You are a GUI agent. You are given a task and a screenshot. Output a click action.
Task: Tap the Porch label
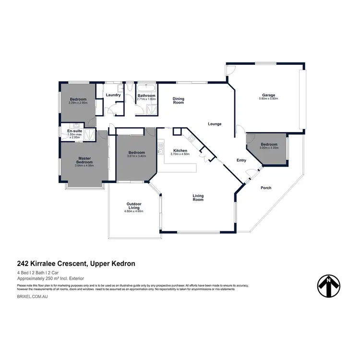265,188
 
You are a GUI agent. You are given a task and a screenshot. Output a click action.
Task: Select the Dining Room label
179,101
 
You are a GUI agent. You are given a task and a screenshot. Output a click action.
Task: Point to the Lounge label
215,124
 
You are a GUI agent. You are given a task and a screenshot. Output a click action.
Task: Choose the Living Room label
198,197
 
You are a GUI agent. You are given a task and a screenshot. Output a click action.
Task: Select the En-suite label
74,131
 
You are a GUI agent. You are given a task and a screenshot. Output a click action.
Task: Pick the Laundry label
113,95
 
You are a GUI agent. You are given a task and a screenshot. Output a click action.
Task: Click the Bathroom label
146,96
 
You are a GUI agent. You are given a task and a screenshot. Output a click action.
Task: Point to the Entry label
241,160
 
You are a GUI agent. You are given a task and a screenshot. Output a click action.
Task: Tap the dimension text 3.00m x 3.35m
269,148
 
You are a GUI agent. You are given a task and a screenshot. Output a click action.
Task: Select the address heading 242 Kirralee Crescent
76,263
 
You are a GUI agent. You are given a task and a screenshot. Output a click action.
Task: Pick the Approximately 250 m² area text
50,278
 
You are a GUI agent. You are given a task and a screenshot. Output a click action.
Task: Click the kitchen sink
162,152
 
